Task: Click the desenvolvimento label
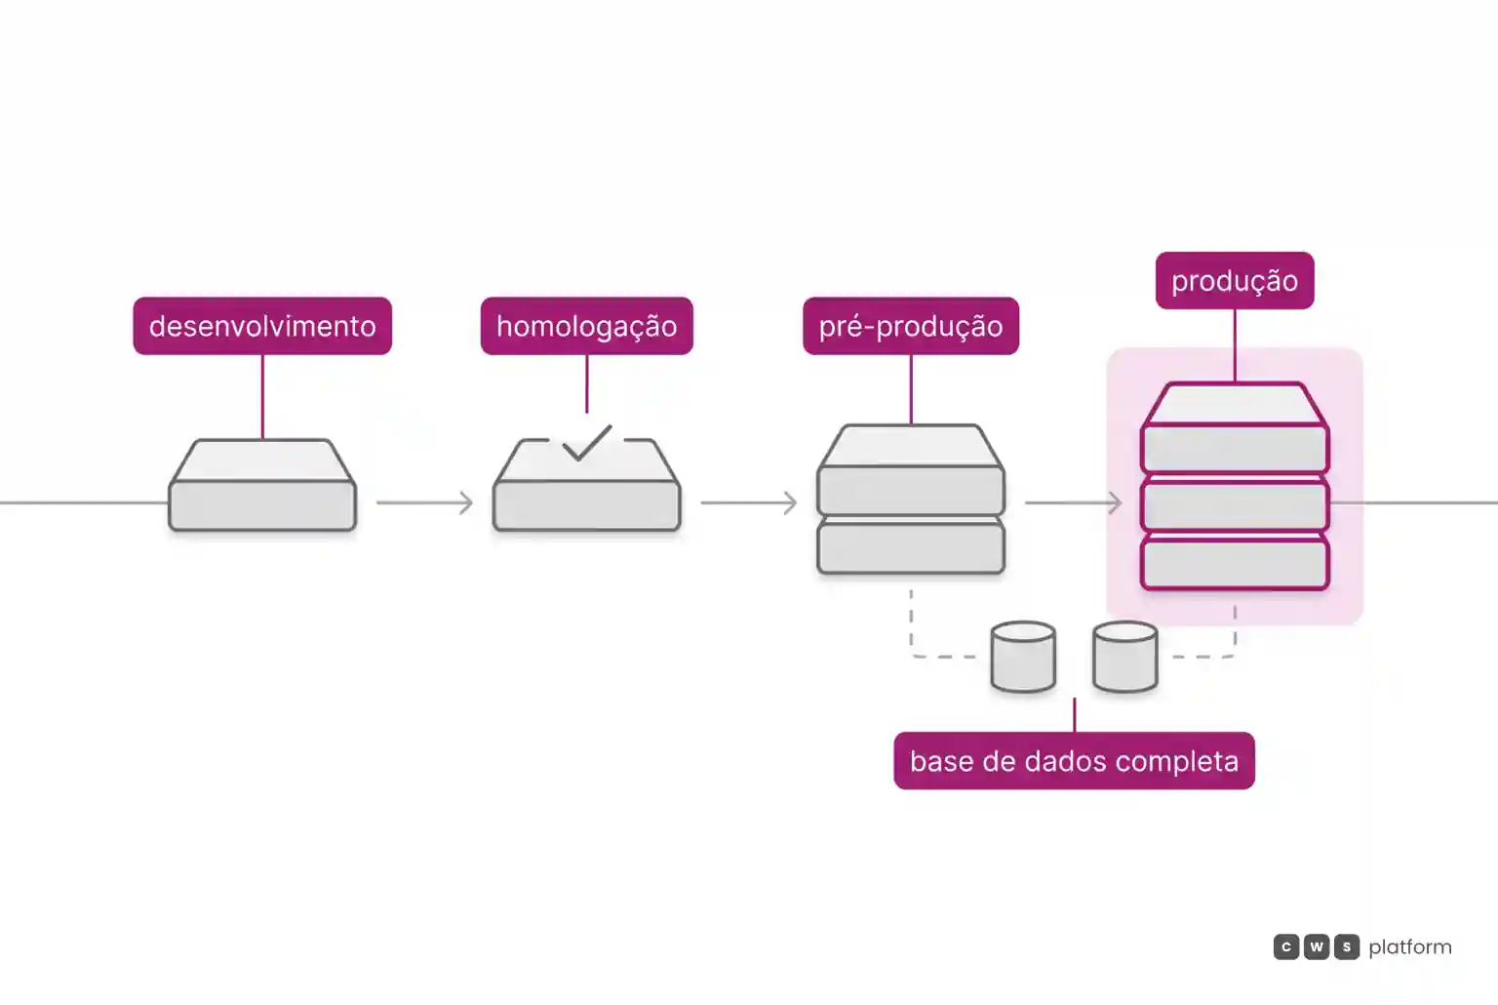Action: tap(262, 326)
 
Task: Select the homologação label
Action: tap(586, 326)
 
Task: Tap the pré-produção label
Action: tap(911, 326)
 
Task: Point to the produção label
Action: tap(1235, 280)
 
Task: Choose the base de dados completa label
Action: tap(1074, 761)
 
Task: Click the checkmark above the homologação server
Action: tap(586, 442)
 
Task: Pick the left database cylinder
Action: tap(1023, 657)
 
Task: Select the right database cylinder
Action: tap(1124, 657)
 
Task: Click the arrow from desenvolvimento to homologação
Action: tap(424, 502)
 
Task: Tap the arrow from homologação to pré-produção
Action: tap(749, 502)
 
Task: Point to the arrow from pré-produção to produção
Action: tap(1074, 502)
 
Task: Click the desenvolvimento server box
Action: tap(262, 485)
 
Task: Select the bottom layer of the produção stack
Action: tap(1235, 565)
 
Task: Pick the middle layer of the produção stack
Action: tap(1235, 506)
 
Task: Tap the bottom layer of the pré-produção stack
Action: tap(911, 548)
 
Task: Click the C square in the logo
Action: tap(1286, 946)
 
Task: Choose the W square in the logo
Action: tap(1316, 946)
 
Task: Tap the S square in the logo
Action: tap(1347, 946)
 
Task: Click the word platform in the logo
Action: tap(1410, 947)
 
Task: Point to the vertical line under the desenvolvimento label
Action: tap(262, 397)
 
